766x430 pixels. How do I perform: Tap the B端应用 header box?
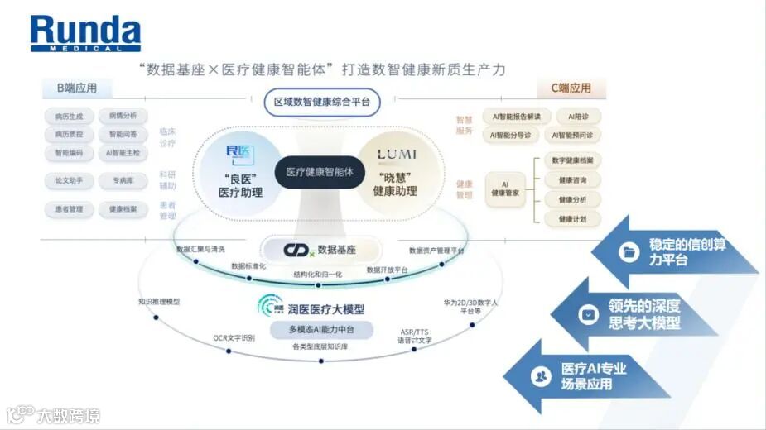point(77,88)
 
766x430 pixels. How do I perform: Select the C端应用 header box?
point(571,88)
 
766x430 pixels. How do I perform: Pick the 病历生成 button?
point(69,116)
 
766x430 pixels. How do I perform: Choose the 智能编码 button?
point(69,153)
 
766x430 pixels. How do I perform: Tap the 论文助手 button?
point(69,180)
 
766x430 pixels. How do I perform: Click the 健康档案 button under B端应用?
point(123,209)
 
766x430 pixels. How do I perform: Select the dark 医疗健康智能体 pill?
point(320,172)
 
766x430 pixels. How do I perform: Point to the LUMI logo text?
point(397,155)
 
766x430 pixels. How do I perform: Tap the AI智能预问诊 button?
point(574,135)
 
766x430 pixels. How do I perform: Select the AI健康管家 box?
point(506,189)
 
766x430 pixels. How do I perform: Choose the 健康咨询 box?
point(572,179)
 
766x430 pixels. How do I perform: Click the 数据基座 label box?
point(320,249)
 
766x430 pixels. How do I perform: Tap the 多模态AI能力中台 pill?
point(320,329)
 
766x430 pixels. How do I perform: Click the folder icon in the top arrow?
point(630,251)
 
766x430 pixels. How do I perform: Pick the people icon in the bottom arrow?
point(541,376)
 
